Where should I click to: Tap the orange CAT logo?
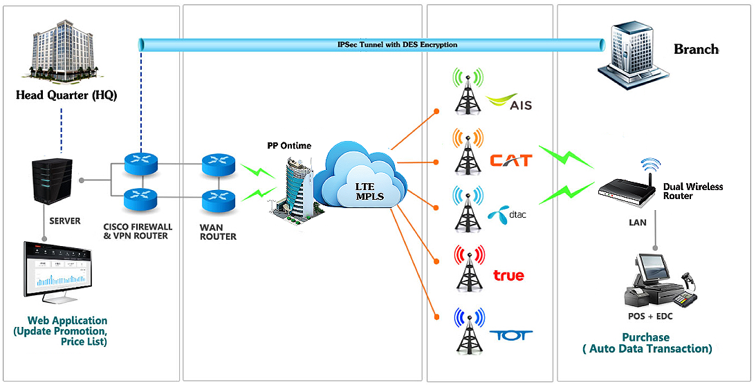tap(511, 160)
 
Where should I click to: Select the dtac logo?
tap(508, 215)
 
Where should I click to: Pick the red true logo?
tap(508, 276)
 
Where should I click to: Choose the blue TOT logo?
tap(511, 335)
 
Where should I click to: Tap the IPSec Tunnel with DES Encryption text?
tap(397, 45)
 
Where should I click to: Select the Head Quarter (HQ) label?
tap(66, 95)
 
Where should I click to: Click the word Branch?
tap(696, 49)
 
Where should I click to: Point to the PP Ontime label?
tap(289, 146)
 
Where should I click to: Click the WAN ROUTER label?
tap(219, 232)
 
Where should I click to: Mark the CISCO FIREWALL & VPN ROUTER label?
tap(138, 231)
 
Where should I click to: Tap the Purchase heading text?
tap(646, 337)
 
